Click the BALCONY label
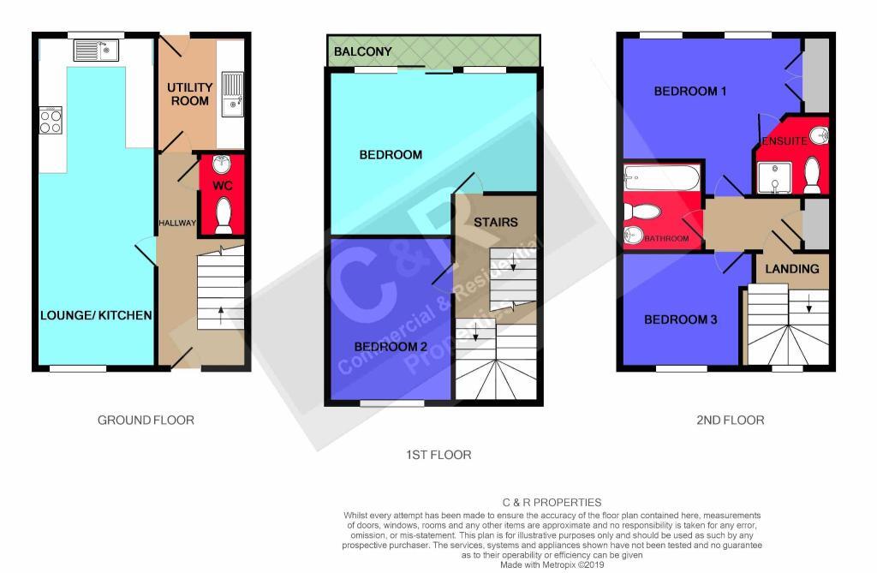click(x=362, y=51)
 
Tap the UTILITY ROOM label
click(x=189, y=94)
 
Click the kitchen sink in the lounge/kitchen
click(x=96, y=51)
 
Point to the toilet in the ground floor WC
click(x=224, y=215)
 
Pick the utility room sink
click(x=232, y=94)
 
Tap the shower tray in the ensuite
click(x=774, y=177)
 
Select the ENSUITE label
click(x=785, y=141)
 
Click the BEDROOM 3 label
click(x=680, y=319)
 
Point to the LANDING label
click(x=791, y=269)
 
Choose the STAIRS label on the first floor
click(x=496, y=222)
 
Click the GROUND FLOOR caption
click(x=146, y=421)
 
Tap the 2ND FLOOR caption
click(x=730, y=421)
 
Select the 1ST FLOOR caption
click(x=438, y=455)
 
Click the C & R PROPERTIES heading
click(x=552, y=503)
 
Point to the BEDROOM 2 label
click(x=391, y=347)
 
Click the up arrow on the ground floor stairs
click(x=221, y=315)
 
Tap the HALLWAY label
click(x=177, y=223)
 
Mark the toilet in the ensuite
click(x=812, y=174)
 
